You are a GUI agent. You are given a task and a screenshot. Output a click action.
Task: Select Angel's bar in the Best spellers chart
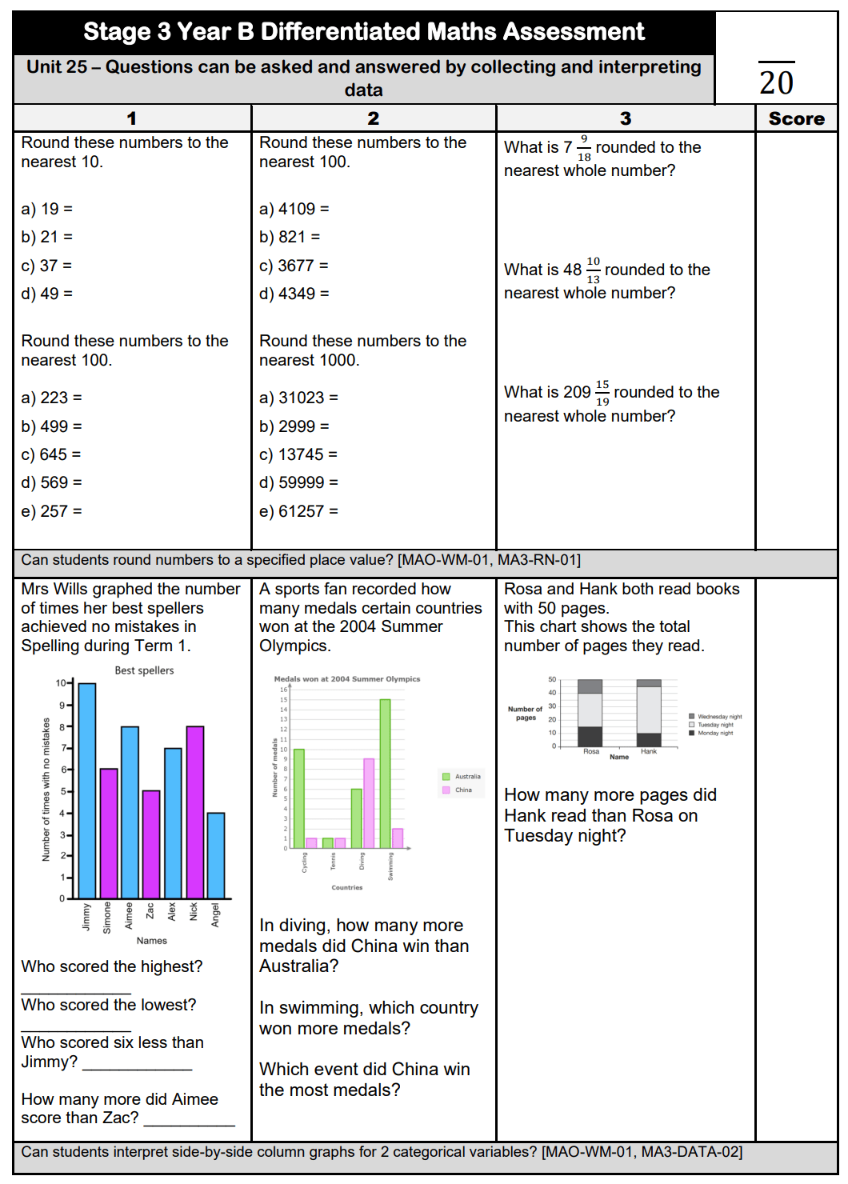coord(216,855)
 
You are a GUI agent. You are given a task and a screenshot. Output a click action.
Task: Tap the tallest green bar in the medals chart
coord(385,774)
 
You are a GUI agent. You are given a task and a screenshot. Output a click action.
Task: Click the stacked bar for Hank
coord(649,713)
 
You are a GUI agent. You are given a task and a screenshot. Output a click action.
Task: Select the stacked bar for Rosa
coord(590,713)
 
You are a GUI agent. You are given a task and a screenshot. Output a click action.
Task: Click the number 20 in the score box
coord(776,82)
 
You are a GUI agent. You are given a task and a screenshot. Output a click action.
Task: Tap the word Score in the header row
coord(796,118)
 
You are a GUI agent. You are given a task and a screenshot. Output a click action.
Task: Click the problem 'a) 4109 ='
coord(294,209)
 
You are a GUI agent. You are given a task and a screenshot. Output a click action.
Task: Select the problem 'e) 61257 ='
coord(298,511)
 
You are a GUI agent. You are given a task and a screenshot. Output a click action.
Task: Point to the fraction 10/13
coord(593,270)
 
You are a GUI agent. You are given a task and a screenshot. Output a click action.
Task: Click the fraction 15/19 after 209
coord(602,393)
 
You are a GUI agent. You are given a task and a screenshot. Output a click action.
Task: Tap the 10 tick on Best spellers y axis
coord(61,683)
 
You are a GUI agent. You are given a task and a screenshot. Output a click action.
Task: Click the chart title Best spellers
coord(144,670)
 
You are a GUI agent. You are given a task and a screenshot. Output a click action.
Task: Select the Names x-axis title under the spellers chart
coord(151,941)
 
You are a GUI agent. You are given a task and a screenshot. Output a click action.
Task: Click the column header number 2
coord(373,118)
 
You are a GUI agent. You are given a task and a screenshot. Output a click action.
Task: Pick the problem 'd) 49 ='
coord(46,294)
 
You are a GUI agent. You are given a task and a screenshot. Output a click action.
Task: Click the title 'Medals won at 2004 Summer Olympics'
coord(346,679)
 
